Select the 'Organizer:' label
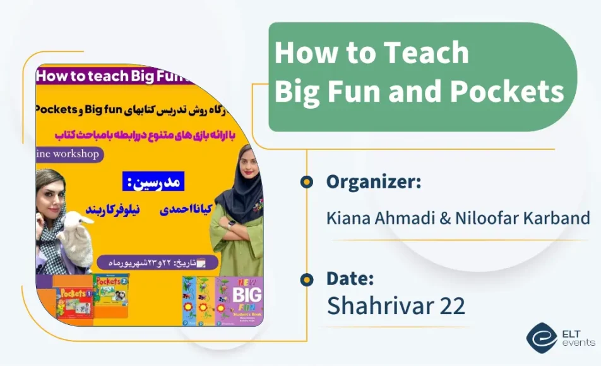tap(374, 182)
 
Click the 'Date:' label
tap(350, 278)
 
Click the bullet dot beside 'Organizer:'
tap(307, 183)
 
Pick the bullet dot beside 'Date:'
tap(307, 279)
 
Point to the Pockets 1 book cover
tap(74, 302)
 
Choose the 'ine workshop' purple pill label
tap(68, 154)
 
